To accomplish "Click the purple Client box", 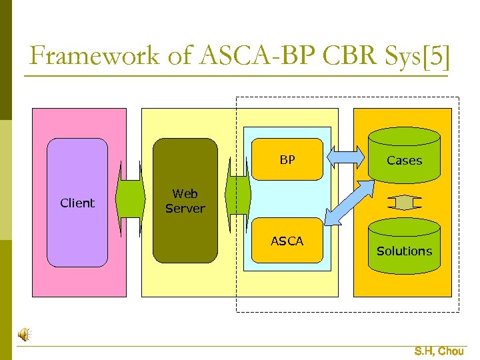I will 77,203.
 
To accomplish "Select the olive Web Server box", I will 185,200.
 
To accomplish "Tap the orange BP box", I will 287,159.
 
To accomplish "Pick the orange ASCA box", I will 287,241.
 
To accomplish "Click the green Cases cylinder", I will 404,157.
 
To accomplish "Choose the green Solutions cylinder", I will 404,247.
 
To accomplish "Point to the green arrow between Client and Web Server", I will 130,199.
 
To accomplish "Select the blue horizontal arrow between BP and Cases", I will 345,157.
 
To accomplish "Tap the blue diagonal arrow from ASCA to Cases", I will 349,203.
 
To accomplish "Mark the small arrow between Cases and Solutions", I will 404,201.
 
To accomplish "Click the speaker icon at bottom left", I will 24,335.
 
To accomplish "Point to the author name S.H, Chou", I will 439,351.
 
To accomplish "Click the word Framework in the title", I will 93,56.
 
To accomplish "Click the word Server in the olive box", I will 185,208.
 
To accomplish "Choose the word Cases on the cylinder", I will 404,161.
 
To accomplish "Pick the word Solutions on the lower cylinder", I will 404,251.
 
